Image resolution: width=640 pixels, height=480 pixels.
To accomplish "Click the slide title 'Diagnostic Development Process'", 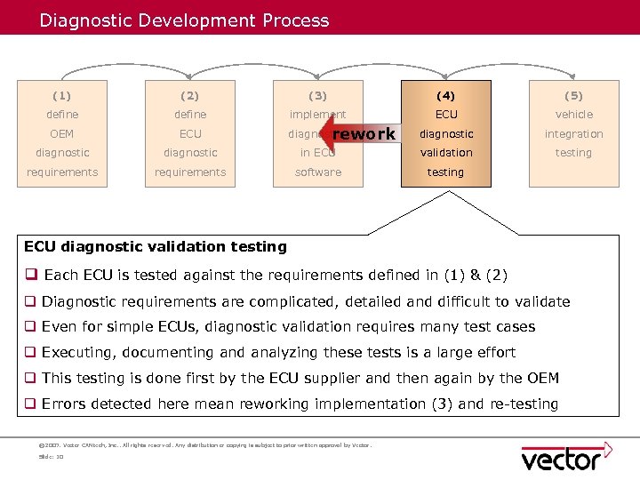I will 184,20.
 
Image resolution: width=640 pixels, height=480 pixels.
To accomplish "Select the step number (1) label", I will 62,95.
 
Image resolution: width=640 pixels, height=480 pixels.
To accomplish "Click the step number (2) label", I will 190,95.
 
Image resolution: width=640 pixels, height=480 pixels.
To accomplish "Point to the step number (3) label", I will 318,95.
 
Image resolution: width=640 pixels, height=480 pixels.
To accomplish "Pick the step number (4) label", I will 446,95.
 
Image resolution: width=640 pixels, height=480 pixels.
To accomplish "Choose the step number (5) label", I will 573,95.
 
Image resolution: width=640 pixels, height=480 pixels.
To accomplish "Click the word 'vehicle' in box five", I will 573,115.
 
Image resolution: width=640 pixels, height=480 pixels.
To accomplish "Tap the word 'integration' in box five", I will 573,134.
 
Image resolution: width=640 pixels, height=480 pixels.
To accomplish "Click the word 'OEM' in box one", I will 62,134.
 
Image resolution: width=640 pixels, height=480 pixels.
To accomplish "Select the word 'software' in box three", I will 318,172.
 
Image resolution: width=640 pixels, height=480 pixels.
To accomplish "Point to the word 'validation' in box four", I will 446,153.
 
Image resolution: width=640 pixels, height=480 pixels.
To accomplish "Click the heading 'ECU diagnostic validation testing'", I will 156,246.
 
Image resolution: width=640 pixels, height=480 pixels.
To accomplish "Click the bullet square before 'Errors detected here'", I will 31,404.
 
